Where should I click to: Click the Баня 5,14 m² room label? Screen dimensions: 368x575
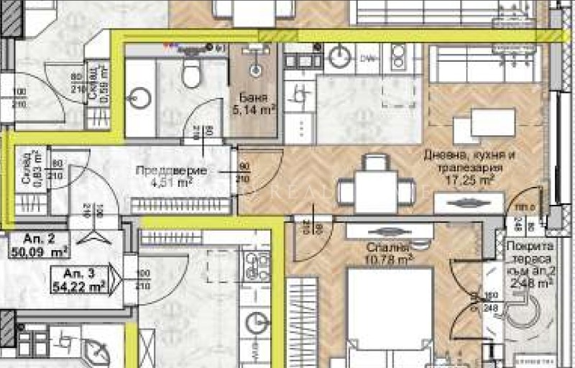[x=254, y=104]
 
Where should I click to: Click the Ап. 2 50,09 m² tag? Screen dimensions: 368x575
[x=40, y=246]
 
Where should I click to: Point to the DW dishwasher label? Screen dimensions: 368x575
[x=368, y=57]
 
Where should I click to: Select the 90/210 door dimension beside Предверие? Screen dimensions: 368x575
[x=244, y=172]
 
